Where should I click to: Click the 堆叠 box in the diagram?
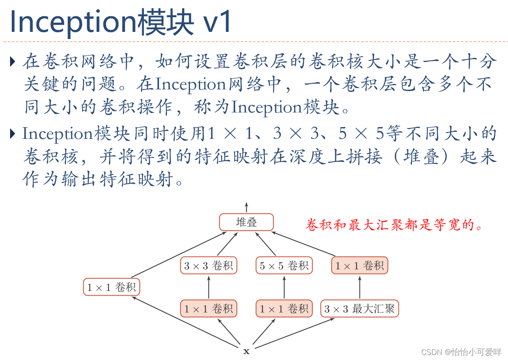(x=246, y=222)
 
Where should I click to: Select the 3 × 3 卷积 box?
(x=208, y=266)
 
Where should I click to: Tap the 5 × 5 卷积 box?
(x=284, y=266)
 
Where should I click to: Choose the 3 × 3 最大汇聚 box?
(x=360, y=309)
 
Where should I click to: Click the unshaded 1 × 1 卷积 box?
(x=111, y=287)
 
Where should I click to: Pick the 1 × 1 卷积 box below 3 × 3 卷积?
(x=208, y=309)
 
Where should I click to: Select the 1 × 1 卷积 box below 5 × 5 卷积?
(x=284, y=309)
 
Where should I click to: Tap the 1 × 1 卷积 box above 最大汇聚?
(x=360, y=266)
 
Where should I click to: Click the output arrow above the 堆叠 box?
(x=246, y=207)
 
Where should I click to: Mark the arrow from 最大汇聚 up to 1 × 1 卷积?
(x=360, y=287)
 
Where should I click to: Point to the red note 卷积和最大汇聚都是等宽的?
(x=395, y=225)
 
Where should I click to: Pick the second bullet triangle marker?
(x=12, y=134)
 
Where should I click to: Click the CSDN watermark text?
(x=461, y=352)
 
